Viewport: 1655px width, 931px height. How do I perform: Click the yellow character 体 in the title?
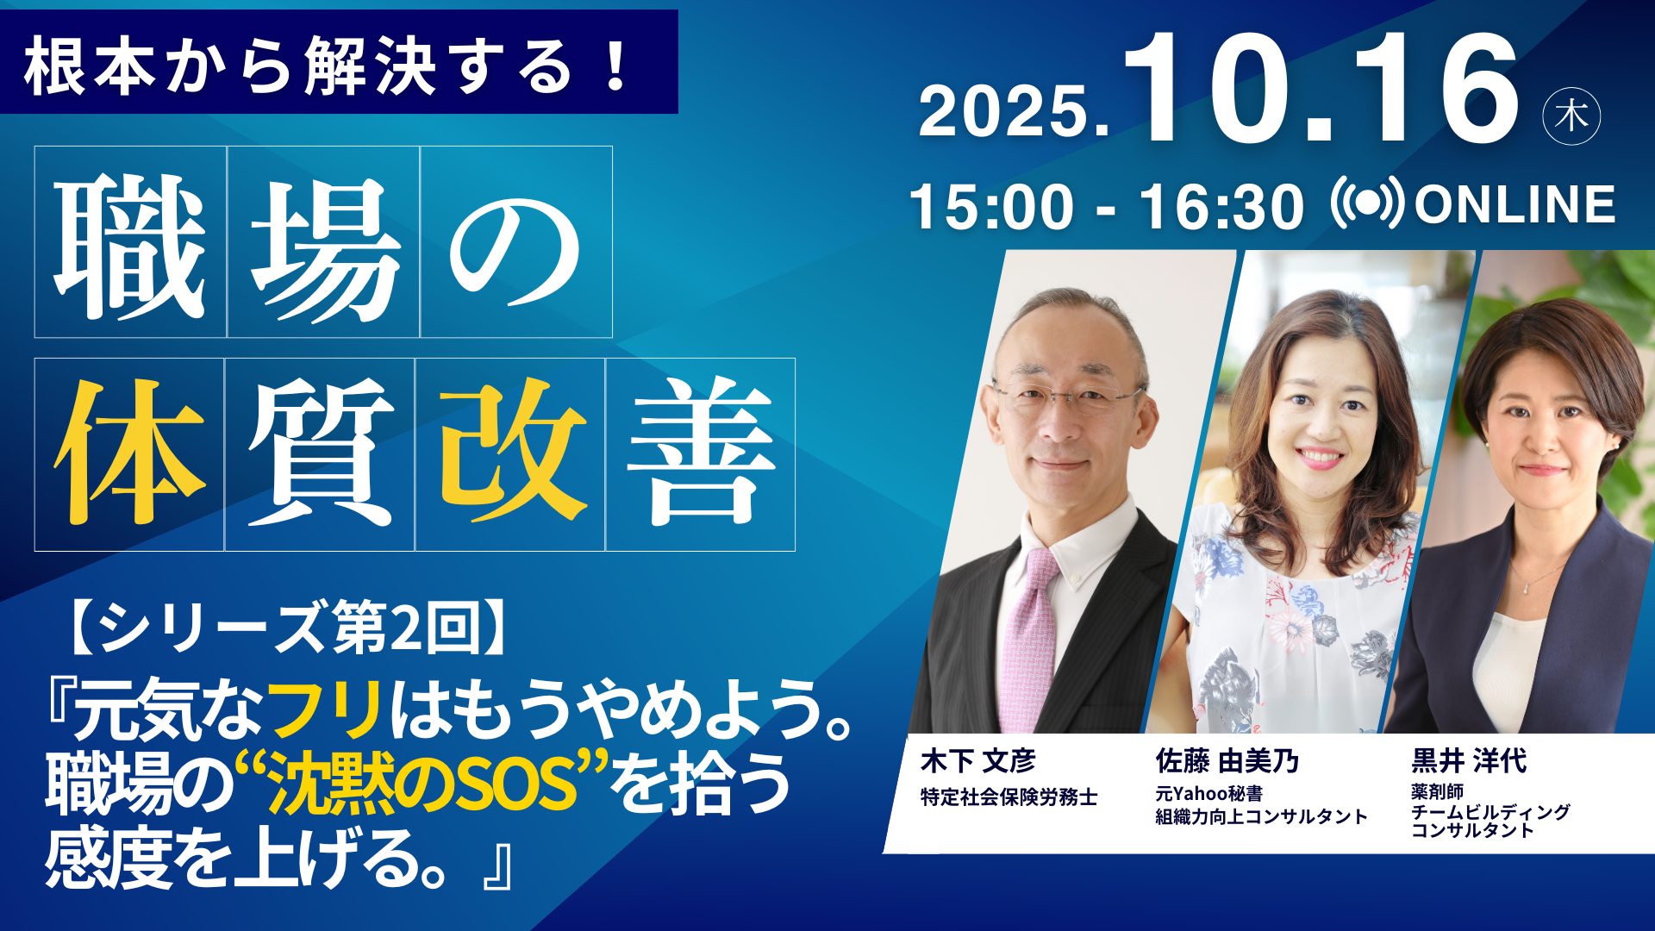coord(130,453)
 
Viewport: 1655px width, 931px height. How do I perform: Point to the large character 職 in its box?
coord(130,245)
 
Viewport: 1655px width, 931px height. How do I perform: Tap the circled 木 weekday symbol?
coord(1571,116)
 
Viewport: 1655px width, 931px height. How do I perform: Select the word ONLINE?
coord(1514,204)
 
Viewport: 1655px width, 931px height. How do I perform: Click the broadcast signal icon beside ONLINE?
coord(1367,203)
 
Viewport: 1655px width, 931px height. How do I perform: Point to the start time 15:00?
coord(991,207)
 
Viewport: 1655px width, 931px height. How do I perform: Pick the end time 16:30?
coord(1221,207)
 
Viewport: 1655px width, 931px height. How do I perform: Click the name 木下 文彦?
coord(977,761)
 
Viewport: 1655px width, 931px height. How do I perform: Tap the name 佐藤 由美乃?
coord(1227,761)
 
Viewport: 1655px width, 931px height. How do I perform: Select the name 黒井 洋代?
coord(1469,761)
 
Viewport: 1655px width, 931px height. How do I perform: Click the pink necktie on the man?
coord(1031,638)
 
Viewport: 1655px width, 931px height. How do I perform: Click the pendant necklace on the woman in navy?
coord(1526,586)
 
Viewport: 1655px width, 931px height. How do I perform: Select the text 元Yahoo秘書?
coord(1209,794)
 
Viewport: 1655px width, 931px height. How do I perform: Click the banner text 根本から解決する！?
coord(328,66)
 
